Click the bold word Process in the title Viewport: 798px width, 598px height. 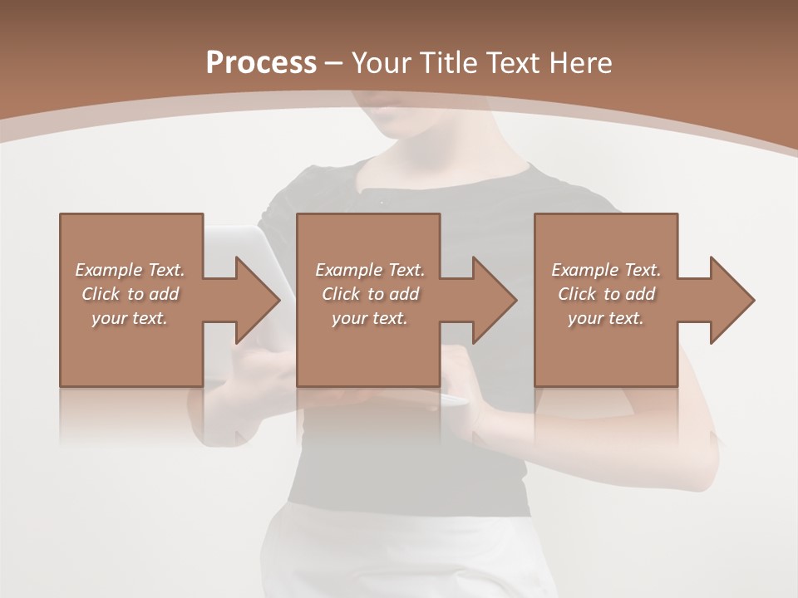click(x=261, y=63)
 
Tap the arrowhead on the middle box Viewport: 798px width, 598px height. click(x=494, y=300)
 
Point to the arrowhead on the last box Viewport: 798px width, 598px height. click(x=731, y=300)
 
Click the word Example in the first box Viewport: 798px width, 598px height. click(x=109, y=270)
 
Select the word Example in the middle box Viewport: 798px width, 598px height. click(x=349, y=270)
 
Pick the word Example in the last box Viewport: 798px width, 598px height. click(x=585, y=270)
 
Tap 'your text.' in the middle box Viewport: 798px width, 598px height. click(x=369, y=318)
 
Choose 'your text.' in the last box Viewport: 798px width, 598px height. click(x=605, y=318)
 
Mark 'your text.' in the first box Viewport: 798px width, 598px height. click(x=130, y=318)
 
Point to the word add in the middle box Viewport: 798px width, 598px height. click(x=404, y=294)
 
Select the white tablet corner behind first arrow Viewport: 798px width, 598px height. click(x=249, y=237)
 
